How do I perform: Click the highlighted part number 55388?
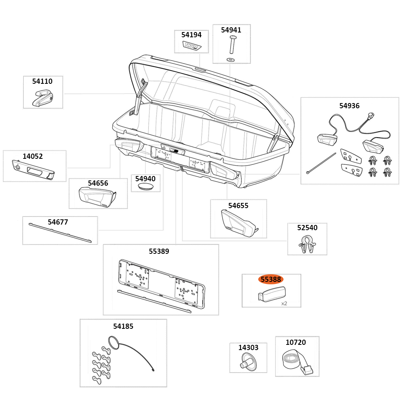271,279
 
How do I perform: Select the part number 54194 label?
191,35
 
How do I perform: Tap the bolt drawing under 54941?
232,45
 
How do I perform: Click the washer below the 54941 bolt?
231,59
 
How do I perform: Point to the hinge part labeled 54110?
43,98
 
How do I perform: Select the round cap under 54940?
145,187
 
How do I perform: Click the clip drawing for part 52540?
307,244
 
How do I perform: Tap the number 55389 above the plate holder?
159,251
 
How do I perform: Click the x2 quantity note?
284,304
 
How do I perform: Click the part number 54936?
349,106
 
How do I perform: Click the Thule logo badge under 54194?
191,46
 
